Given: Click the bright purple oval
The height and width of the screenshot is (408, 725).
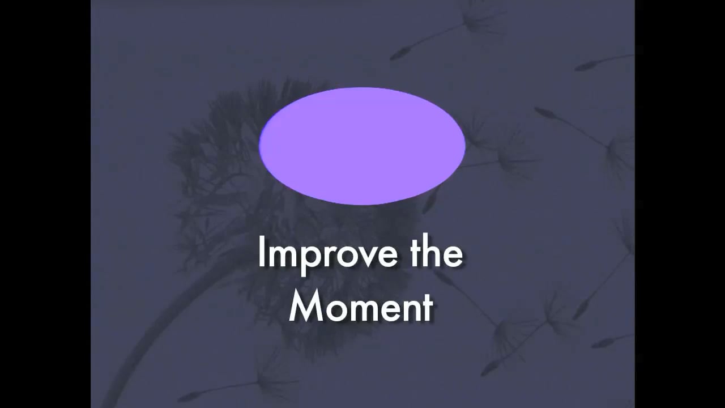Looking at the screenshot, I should click(x=362, y=146).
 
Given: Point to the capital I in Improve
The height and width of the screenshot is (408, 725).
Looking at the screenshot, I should click(x=261, y=253).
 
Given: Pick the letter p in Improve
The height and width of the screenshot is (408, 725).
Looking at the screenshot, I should click(x=311, y=258).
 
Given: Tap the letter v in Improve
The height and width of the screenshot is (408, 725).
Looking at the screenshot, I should click(x=369, y=256).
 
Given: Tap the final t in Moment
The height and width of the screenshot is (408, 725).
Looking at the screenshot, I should click(x=428, y=308).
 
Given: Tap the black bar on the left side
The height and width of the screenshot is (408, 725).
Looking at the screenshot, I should click(x=45, y=204).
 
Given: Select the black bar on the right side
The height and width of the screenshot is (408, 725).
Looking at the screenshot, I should click(x=680, y=204).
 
